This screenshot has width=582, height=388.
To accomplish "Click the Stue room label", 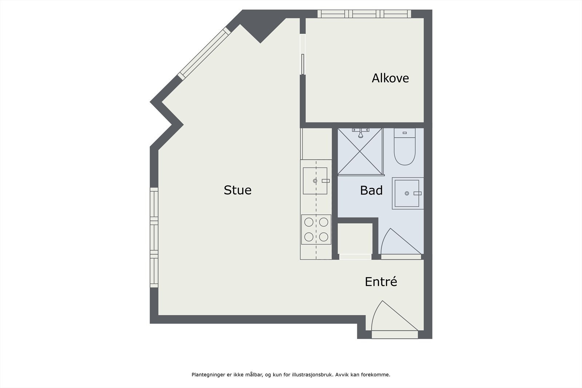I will point(238,190).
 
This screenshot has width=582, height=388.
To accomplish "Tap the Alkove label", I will point(390,78).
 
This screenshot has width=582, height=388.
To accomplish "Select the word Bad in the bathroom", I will point(371,190).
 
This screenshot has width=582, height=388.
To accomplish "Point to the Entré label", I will point(380,282).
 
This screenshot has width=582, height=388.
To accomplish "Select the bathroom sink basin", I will point(407,193).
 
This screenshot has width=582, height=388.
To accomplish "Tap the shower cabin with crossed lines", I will point(360,151).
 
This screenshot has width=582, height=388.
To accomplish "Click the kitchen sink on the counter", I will point(315,181).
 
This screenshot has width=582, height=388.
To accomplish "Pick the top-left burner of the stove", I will point(309,222).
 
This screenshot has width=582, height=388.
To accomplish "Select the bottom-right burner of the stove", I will point(324,237).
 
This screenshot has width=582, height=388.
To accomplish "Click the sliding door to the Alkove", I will point(303,64).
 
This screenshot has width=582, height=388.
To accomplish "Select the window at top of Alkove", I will point(364,14).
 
